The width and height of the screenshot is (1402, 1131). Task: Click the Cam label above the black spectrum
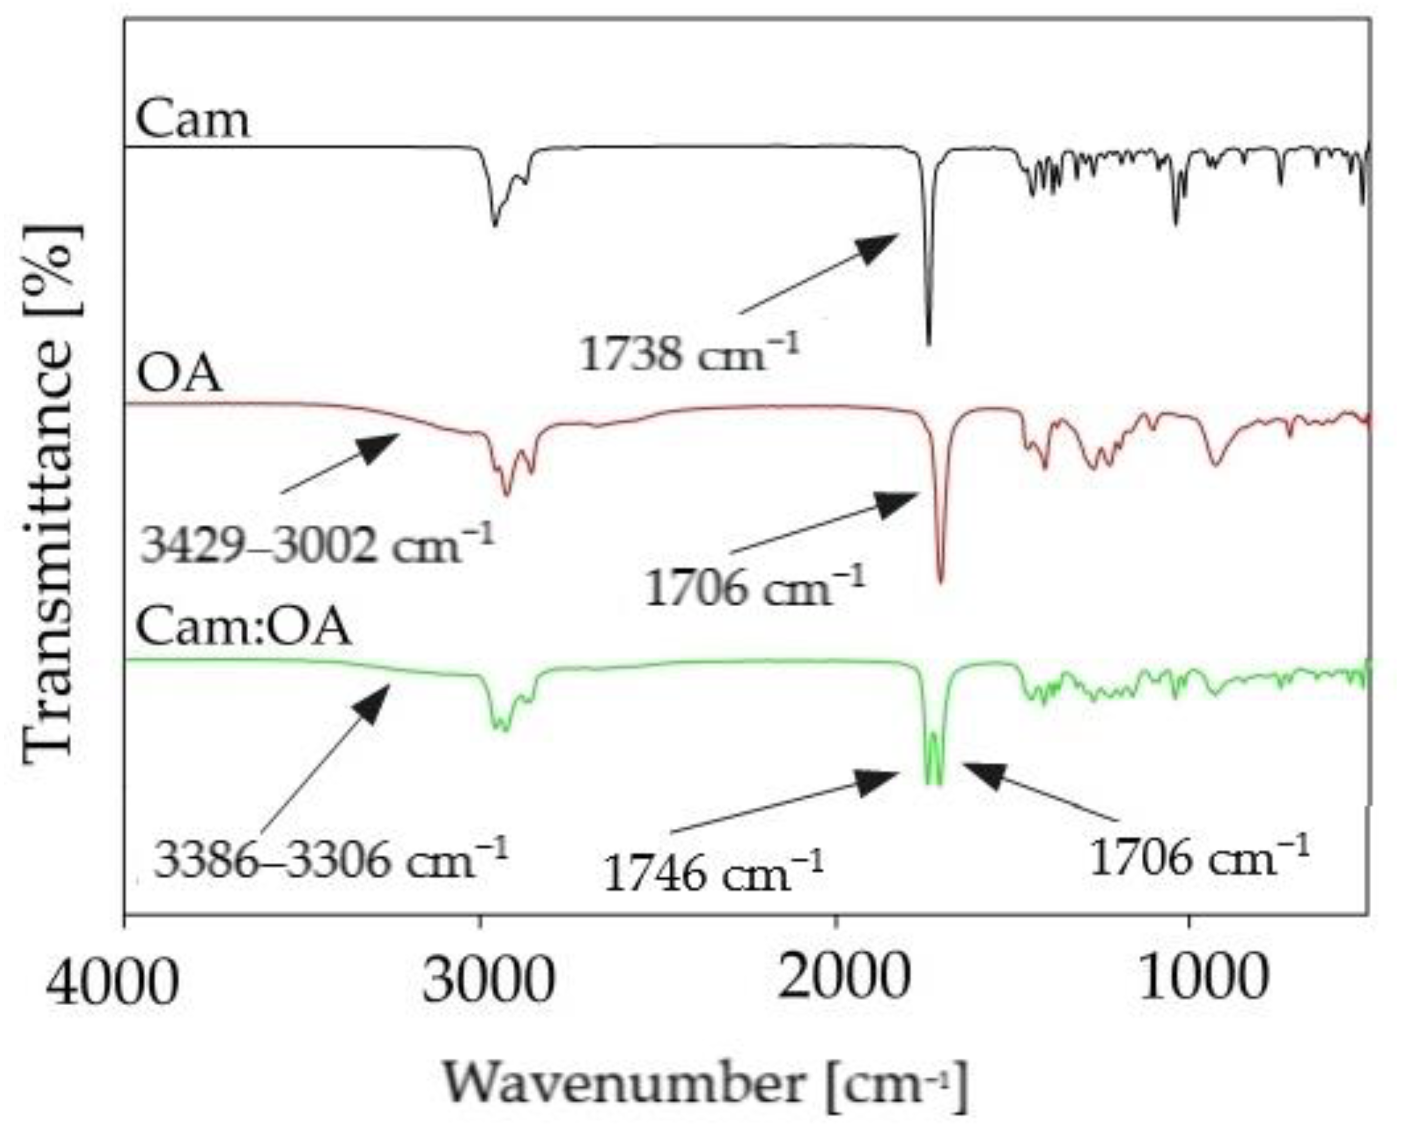click(192, 120)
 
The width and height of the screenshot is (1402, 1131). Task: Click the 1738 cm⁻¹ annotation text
click(689, 355)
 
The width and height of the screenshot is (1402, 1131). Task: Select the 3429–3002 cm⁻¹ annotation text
click(318, 546)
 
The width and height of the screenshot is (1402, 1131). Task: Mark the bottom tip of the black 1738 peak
click(929, 343)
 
